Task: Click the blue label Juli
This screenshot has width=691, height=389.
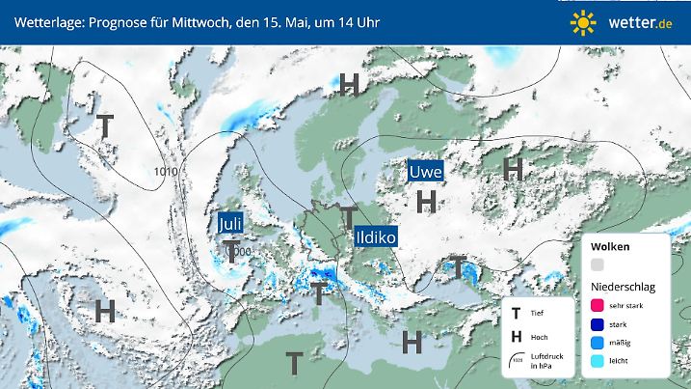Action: coord(230,224)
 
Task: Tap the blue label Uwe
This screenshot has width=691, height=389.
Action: coord(426,172)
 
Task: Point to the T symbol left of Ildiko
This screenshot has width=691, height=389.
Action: coord(348,217)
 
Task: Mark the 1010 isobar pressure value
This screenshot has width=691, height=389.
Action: coord(166,173)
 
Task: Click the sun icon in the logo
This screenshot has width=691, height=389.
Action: coord(582,22)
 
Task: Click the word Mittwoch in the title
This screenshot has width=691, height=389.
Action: coord(197,22)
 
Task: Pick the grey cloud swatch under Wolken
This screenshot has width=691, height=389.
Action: coord(598,265)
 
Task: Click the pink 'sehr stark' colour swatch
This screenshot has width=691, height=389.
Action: coord(598,306)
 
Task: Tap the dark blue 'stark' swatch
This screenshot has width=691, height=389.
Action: coord(598,324)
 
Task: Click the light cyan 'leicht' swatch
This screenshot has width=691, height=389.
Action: coord(598,361)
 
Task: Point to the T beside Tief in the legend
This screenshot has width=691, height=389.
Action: coord(517,314)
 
